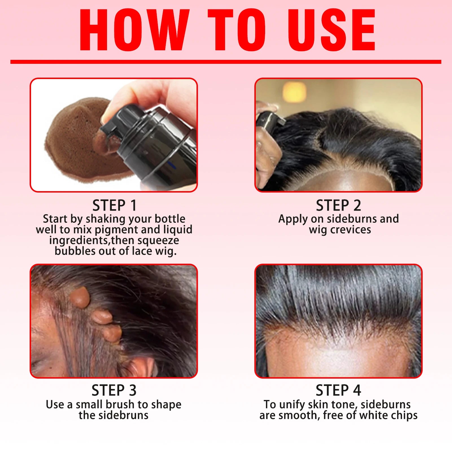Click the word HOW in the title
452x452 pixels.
(134, 30)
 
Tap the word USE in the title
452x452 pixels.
(331, 30)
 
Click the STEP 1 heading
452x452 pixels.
(114, 205)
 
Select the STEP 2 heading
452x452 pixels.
(338, 205)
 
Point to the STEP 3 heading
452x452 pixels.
(114, 390)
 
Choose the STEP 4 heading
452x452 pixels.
(338, 390)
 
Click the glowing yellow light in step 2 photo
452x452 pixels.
(294, 92)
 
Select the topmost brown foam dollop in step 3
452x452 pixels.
(80, 297)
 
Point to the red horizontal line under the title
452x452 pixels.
(226, 62)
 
